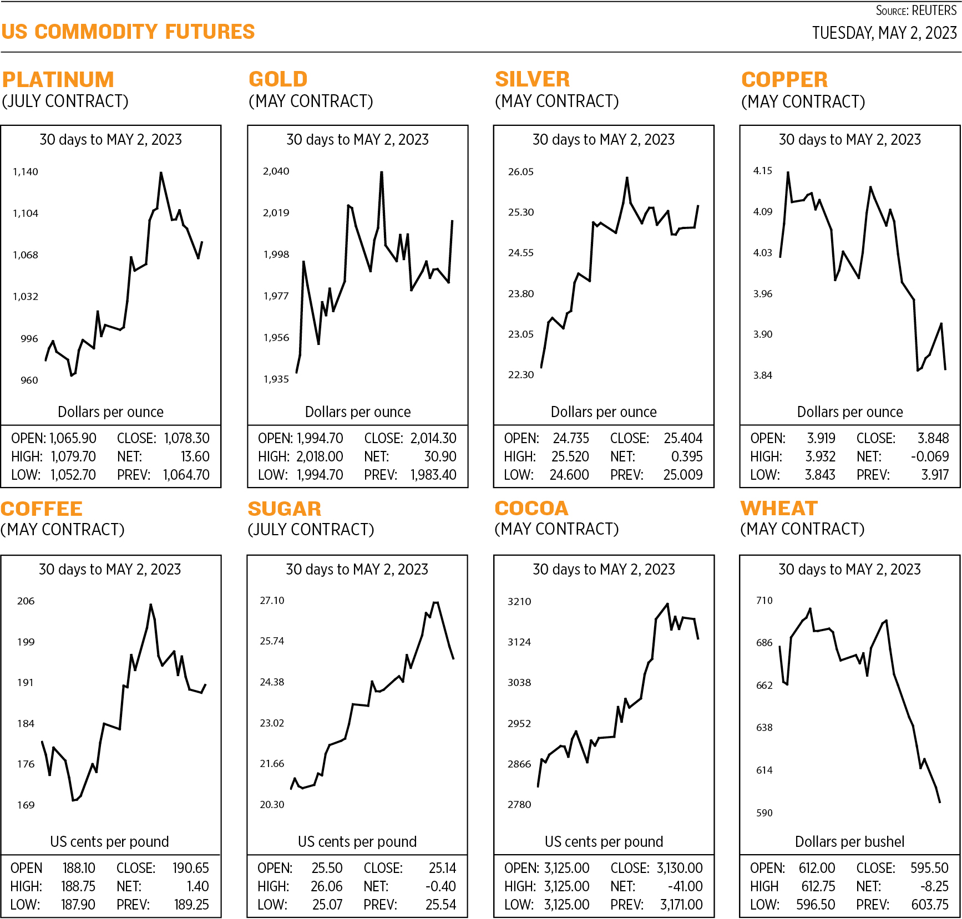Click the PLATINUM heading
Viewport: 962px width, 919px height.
[x=58, y=80]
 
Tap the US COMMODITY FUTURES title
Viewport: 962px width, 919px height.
[x=128, y=32]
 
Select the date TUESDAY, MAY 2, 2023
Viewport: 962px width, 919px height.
[x=884, y=33]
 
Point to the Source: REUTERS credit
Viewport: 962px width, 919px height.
[x=916, y=11]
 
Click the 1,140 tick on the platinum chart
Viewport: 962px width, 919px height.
[x=26, y=172]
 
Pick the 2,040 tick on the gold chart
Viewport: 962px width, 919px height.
[x=276, y=171]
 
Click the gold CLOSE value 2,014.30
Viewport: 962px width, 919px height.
[x=433, y=438]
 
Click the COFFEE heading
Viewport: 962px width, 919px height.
[x=42, y=509]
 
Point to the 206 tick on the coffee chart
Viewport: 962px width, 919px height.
[x=26, y=601]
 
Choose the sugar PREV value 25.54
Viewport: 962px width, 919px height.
[x=441, y=905]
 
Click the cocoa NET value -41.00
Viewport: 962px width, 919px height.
[x=685, y=886]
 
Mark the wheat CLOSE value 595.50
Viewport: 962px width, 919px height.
[x=929, y=868]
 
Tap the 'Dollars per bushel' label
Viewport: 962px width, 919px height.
[x=849, y=842]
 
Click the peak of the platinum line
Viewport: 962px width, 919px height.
[x=161, y=172]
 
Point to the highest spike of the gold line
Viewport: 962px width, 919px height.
[x=382, y=172]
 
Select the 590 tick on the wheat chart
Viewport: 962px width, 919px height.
[x=764, y=813]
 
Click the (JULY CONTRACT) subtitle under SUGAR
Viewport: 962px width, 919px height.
[x=311, y=530]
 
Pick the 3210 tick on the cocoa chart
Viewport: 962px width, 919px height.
[x=519, y=602]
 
